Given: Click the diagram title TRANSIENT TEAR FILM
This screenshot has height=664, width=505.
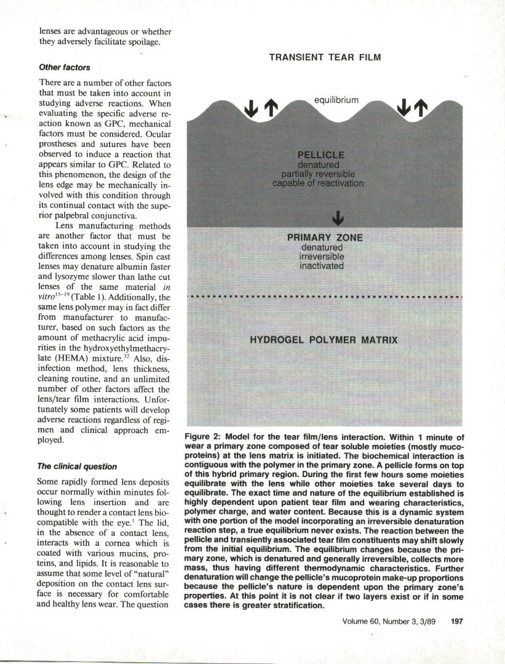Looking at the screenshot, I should (325, 57).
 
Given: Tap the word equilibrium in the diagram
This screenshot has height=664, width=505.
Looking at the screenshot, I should (336, 99).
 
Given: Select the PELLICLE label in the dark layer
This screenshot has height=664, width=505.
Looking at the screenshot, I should (321, 154).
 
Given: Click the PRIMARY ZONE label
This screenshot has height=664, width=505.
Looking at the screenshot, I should (325, 238).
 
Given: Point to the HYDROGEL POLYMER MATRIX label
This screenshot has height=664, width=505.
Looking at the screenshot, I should (324, 340).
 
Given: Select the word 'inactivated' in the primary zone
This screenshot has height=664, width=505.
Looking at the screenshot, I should (322, 266).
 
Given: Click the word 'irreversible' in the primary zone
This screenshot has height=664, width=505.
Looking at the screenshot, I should (322, 257).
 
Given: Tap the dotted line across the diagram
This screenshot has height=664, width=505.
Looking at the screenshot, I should (325, 297).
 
